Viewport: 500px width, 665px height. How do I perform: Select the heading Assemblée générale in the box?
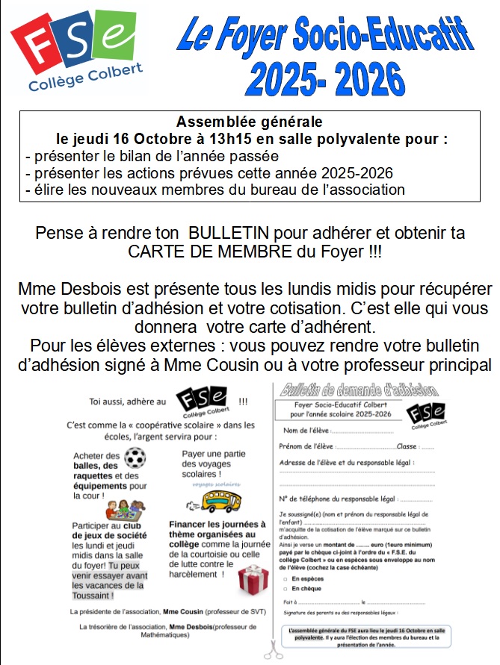(249, 121)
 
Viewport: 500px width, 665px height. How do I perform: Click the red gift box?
(253, 581)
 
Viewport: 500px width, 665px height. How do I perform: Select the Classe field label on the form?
(407, 446)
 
